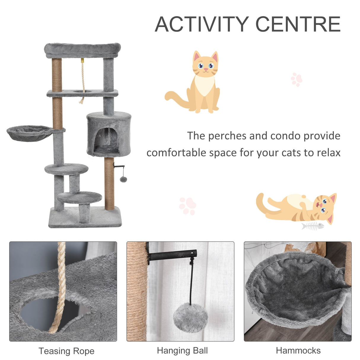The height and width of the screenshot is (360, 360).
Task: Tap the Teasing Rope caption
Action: pyautogui.click(x=66, y=351)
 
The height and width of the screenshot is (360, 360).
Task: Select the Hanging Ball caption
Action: pyautogui.click(x=182, y=351)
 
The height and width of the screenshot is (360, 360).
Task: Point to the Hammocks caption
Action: pyautogui.click(x=298, y=351)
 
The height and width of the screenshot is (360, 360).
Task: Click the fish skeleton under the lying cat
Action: pyautogui.click(x=313, y=226)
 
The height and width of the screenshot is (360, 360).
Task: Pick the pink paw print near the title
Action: pyautogui.click(x=296, y=79)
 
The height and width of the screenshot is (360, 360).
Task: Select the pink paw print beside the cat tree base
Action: pyautogui.click(x=187, y=206)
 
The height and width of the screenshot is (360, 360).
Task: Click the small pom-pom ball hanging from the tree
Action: pyautogui.click(x=123, y=179)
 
